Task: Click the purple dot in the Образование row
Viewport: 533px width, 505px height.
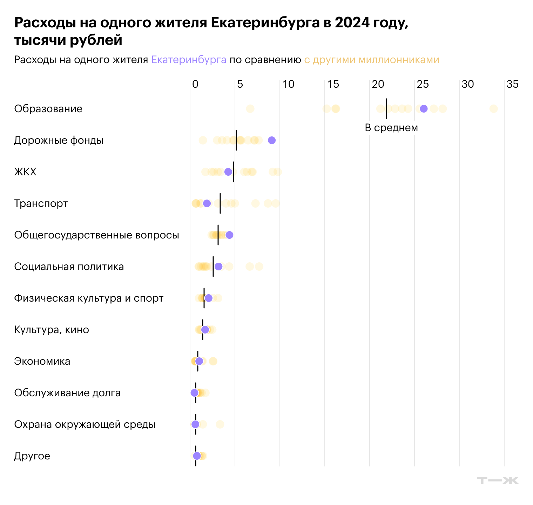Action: coord(424,109)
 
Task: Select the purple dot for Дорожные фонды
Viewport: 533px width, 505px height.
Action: coord(272,140)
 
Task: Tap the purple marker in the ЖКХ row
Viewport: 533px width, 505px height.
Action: coord(228,172)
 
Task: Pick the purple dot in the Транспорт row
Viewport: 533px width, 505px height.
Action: coord(207,203)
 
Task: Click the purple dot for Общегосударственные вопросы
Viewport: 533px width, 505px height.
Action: coord(229,235)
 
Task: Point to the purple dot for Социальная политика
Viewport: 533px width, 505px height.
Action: coord(218,267)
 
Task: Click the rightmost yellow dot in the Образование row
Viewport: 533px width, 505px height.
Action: coord(493,109)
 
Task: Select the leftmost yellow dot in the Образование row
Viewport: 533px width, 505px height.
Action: coord(250,109)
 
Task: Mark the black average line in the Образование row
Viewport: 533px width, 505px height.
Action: coord(386,109)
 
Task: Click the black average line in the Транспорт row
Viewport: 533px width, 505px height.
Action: coord(220,203)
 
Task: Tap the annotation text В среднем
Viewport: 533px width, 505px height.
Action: coord(391,128)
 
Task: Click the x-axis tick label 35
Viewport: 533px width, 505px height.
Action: coord(512,84)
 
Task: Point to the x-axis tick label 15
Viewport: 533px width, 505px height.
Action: coord(333,84)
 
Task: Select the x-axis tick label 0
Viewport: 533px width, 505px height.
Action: coord(195,84)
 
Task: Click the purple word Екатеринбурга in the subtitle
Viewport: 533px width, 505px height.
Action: coord(189,60)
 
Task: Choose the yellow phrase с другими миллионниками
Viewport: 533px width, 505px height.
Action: coord(371,60)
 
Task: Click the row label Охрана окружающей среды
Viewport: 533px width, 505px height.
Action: coord(85,424)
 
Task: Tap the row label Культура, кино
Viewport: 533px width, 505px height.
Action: coord(52,330)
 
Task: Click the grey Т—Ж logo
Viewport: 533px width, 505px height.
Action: coord(498,480)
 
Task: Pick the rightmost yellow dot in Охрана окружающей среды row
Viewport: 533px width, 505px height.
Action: coord(220,424)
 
